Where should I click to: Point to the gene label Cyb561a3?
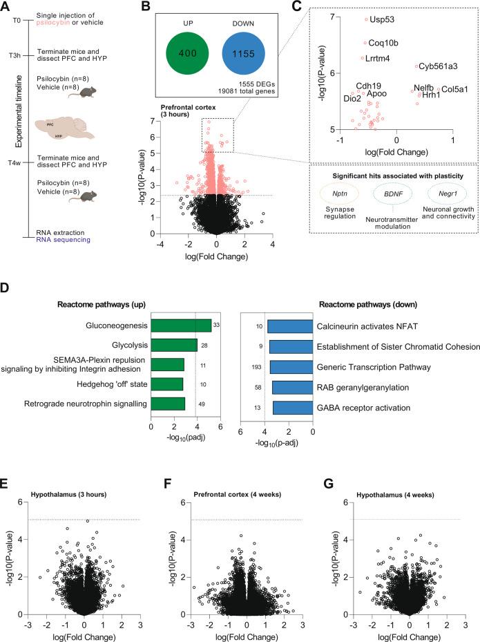438,66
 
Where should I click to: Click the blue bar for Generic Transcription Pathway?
291,367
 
